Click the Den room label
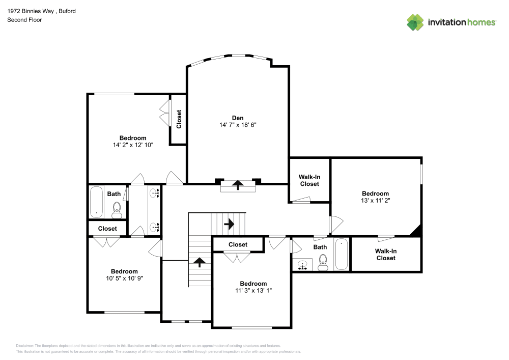[238, 118]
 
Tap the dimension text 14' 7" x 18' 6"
[238, 125]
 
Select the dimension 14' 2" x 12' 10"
[133, 145]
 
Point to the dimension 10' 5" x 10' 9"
[125, 279]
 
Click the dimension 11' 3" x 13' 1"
[253, 291]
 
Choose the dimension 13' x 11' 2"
[375, 201]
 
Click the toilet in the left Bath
[117, 209]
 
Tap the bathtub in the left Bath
[96, 202]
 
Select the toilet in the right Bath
[322, 262]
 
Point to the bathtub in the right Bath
[341, 254]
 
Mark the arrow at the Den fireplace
[238, 185]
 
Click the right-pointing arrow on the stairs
[229, 224]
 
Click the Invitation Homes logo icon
[415, 22]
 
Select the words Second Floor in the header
[24, 20]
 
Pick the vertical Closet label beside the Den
[179, 119]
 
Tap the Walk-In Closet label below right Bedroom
[385, 254]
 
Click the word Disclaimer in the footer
[25, 345]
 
